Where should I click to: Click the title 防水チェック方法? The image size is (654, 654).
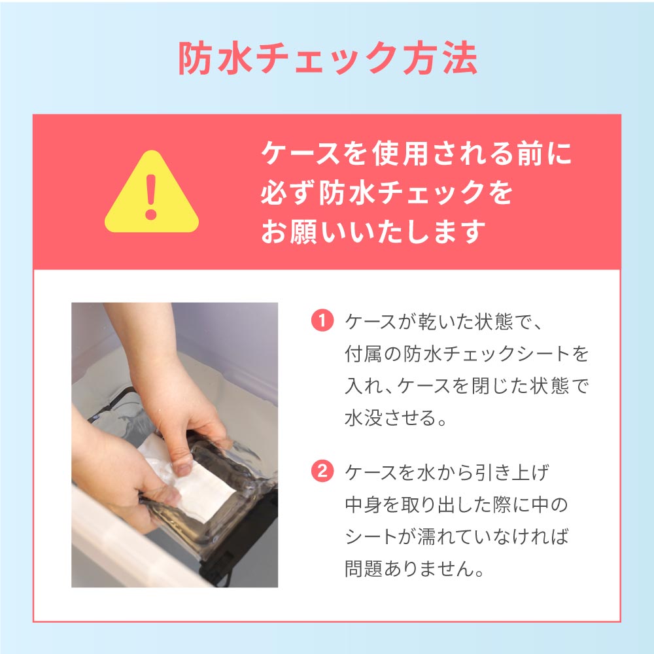pyautogui.click(x=328, y=58)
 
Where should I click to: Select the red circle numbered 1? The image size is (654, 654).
pyautogui.click(x=322, y=321)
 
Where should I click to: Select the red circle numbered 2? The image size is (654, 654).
pyautogui.click(x=322, y=472)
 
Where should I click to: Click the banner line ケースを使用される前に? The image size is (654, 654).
pyautogui.click(x=416, y=154)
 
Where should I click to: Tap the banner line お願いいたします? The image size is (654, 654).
pyautogui.click(x=373, y=232)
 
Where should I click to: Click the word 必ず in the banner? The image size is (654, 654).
pyautogui.click(x=287, y=193)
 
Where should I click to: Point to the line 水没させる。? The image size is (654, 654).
pyautogui.click(x=396, y=417)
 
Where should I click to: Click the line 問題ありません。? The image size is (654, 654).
pyautogui.click(x=415, y=568)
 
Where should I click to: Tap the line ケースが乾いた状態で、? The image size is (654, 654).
pyautogui.click(x=443, y=322)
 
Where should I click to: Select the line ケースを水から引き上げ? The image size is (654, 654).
pyautogui.click(x=447, y=472)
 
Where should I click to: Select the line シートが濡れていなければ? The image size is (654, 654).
pyautogui.click(x=456, y=536)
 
